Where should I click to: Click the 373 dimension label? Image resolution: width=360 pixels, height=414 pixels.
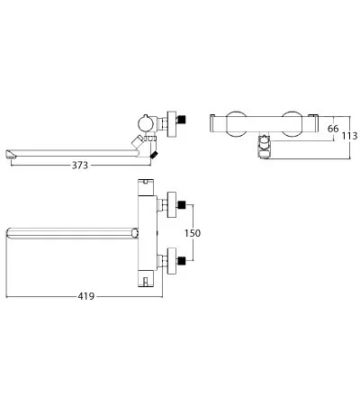pyautogui.click(x=80, y=165)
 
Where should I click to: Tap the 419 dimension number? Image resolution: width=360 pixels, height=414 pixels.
pyautogui.click(x=86, y=296)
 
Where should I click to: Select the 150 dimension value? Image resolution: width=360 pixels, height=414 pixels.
pyautogui.click(x=193, y=233)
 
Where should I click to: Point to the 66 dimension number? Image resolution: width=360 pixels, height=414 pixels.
pyautogui.click(x=333, y=129)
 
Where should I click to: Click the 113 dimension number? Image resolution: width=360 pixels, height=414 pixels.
pyautogui.click(x=350, y=136)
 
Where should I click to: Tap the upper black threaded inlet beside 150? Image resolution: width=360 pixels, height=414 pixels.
pyautogui.click(x=182, y=205)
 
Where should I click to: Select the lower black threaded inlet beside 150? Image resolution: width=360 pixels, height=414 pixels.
pyautogui.click(x=182, y=261)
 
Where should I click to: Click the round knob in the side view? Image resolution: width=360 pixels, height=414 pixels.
pyautogui.click(x=146, y=123)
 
